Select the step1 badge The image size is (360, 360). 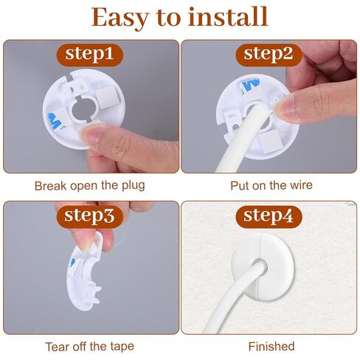point(89,54)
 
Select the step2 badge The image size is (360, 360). point(269,54)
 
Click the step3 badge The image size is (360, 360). point(89,215)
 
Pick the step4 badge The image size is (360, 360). point(269,216)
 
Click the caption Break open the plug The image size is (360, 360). point(90,185)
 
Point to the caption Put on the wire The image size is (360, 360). point(271,185)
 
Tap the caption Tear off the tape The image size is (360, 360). point(90,346)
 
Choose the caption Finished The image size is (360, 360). point(271,346)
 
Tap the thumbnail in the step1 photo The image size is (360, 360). point(94,134)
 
